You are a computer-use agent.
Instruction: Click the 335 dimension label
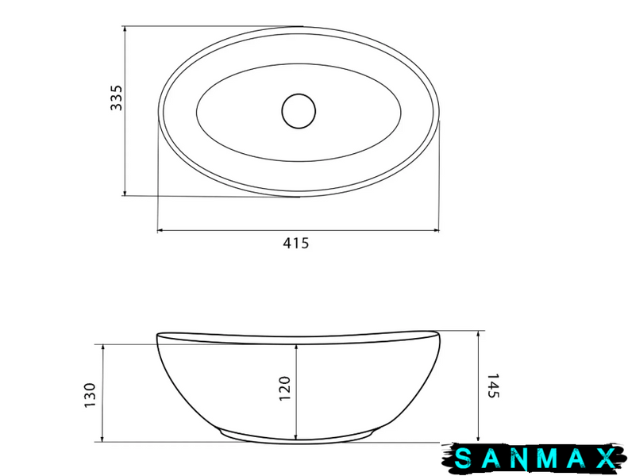(x=117, y=98)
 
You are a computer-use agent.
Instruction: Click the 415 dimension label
(x=296, y=243)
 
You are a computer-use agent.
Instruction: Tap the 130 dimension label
(x=91, y=395)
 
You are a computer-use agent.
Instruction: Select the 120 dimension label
(x=284, y=388)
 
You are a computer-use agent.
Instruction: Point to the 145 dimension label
(x=493, y=386)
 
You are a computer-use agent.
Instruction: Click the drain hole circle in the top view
(x=299, y=111)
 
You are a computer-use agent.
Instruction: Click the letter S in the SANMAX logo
(x=464, y=459)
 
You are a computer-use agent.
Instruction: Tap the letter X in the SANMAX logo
(x=605, y=459)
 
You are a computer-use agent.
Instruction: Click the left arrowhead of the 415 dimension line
(x=160, y=230)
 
